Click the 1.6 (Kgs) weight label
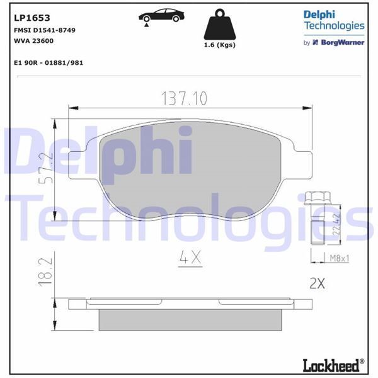(219, 45)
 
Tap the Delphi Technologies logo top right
(333, 20)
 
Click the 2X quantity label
(317, 283)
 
